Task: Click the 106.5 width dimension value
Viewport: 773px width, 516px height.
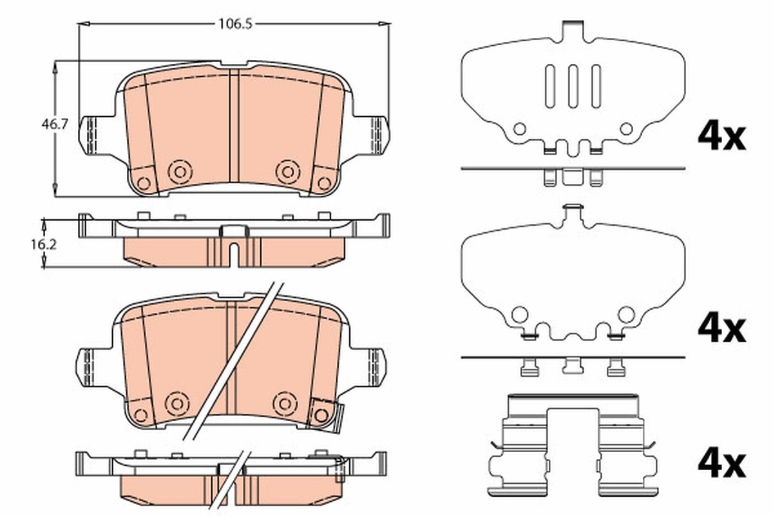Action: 234,25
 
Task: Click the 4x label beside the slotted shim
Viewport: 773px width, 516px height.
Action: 721,137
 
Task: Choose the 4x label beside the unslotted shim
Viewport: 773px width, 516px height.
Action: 721,328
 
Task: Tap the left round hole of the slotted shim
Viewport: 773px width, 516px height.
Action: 519,129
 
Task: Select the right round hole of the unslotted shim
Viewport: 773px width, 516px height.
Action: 626,315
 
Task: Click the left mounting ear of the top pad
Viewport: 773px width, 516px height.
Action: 90,134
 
